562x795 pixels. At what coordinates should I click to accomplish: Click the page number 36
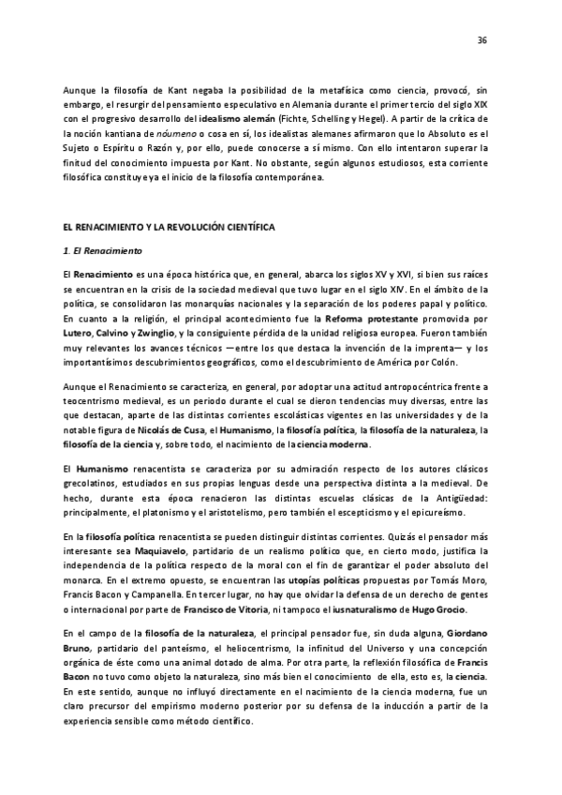[482, 41]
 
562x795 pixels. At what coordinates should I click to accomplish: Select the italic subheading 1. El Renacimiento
[96, 251]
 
